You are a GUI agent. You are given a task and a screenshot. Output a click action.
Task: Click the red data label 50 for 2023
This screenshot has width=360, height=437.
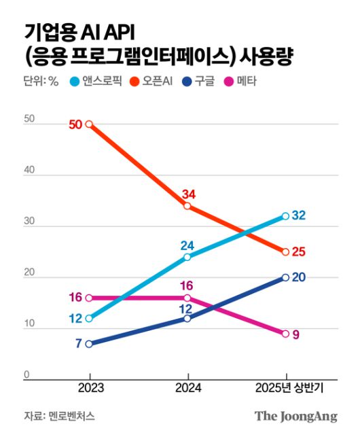click(75, 124)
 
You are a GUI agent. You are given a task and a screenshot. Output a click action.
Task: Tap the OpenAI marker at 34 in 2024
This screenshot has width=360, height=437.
click(187, 206)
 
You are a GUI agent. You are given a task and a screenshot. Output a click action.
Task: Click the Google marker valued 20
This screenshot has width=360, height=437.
click(286, 277)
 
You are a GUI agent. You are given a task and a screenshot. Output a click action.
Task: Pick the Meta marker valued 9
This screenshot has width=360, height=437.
click(286, 334)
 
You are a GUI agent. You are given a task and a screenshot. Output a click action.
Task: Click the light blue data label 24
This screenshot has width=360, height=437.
click(187, 245)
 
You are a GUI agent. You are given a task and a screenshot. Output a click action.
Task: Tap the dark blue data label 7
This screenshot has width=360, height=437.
click(78, 344)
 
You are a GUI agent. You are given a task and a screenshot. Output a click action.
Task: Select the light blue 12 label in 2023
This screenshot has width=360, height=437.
click(75, 319)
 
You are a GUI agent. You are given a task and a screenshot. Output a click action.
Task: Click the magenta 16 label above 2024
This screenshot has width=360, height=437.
click(187, 285)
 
